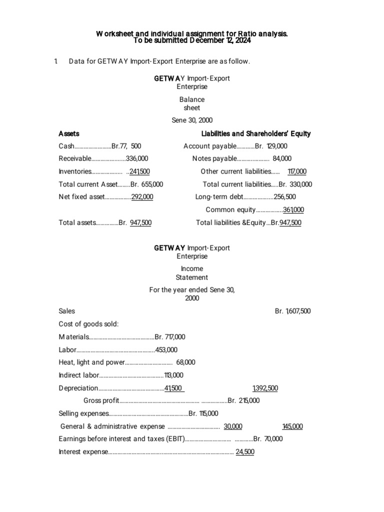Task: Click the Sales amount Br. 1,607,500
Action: click(x=292, y=311)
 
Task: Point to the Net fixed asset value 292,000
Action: click(x=142, y=197)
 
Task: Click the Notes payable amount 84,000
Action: click(x=282, y=158)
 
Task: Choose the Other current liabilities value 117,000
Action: click(x=297, y=171)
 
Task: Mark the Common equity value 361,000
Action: click(x=293, y=210)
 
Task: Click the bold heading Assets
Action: click(x=69, y=133)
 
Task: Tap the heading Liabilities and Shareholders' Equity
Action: click(x=255, y=133)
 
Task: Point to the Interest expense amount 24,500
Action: click(x=245, y=452)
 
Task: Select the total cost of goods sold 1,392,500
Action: click(x=265, y=388)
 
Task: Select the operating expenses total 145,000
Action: click(x=292, y=426)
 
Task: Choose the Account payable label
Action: click(x=209, y=146)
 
